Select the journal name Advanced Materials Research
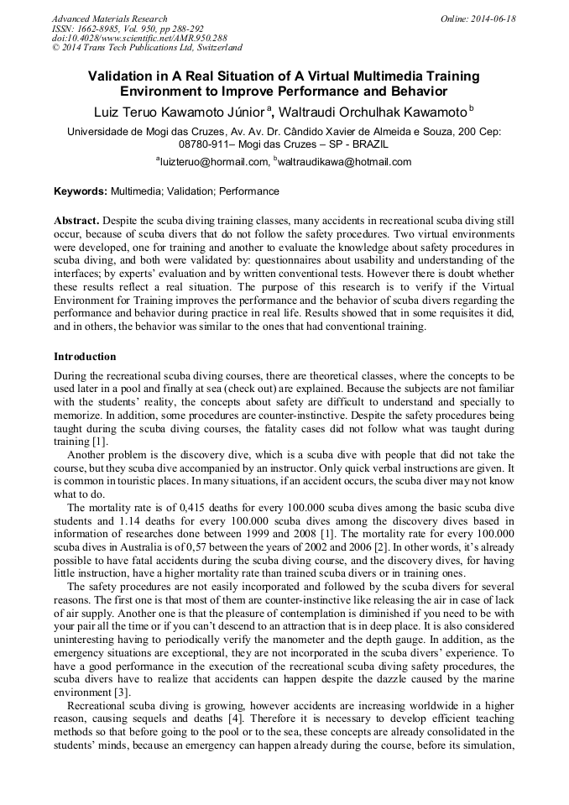pyautogui.click(x=110, y=18)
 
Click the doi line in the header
pyautogui.click(x=139, y=39)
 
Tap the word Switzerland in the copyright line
pyautogui.click(x=213, y=48)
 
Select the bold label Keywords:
pyautogui.click(x=81, y=191)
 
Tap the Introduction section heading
pyautogui.click(x=85, y=357)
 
